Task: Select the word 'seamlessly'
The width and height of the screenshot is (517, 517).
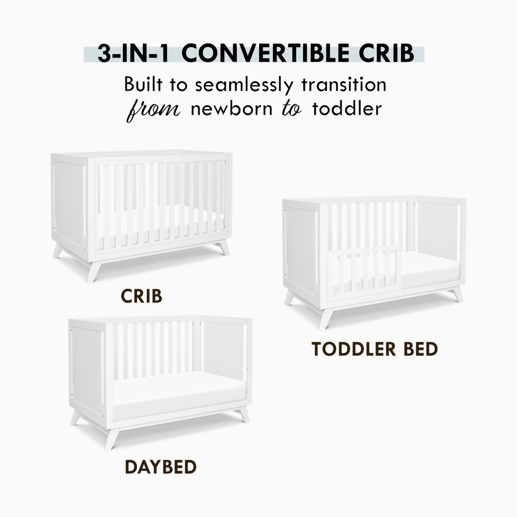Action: click(244, 85)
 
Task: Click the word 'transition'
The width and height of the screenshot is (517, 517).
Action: click(344, 85)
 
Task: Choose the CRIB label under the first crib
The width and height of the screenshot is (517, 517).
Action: click(141, 296)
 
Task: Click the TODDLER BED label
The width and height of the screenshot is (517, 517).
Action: click(374, 349)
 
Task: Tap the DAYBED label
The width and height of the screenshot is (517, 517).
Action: click(161, 467)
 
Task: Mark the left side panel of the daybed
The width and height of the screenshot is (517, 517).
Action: click(87, 367)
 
